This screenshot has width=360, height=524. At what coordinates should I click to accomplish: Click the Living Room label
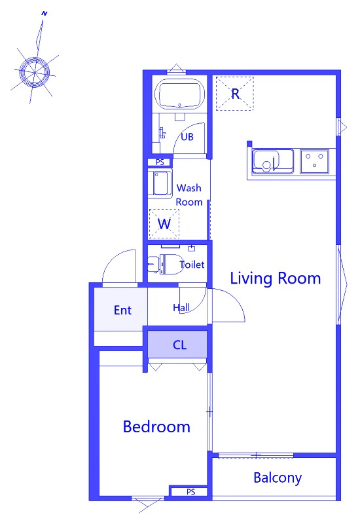276,278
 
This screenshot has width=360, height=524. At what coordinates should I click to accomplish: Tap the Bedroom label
156,427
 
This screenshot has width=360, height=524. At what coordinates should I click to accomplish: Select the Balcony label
278,478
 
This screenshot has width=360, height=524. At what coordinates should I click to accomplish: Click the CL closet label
179,345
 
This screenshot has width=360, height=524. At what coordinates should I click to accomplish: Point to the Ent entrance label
122,310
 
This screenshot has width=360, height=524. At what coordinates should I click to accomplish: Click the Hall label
181,307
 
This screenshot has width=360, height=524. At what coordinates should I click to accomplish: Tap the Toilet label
192,265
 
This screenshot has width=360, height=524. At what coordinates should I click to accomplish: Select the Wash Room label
189,195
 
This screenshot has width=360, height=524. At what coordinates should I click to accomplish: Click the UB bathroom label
187,137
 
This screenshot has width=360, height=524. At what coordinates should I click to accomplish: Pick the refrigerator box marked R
235,94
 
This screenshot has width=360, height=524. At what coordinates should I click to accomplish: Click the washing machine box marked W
164,223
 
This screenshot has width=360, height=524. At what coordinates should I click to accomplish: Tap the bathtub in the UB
181,94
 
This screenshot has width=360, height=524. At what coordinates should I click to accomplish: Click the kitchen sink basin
273,162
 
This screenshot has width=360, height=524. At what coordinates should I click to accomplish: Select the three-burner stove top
315,161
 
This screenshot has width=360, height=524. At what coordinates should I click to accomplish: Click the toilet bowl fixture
166,264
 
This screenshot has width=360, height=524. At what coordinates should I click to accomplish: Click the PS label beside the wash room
160,162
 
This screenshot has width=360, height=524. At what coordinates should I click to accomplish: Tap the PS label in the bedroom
190,492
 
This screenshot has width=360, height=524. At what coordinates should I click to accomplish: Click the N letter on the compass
45,14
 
